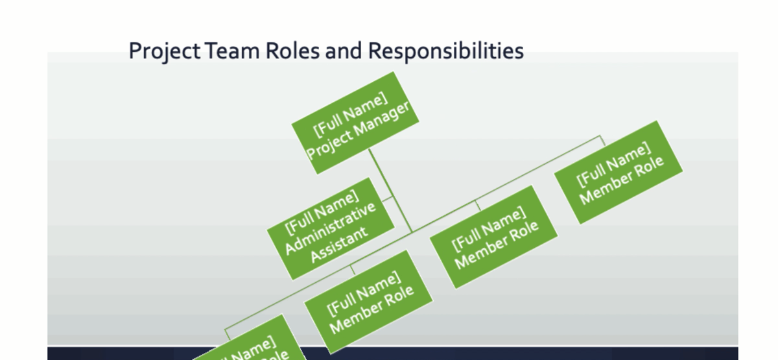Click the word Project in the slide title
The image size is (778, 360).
coord(164,51)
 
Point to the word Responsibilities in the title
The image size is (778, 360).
coord(445,51)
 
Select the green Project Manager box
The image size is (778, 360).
coord(355,123)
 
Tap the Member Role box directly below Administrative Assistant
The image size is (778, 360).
coord(370,302)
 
